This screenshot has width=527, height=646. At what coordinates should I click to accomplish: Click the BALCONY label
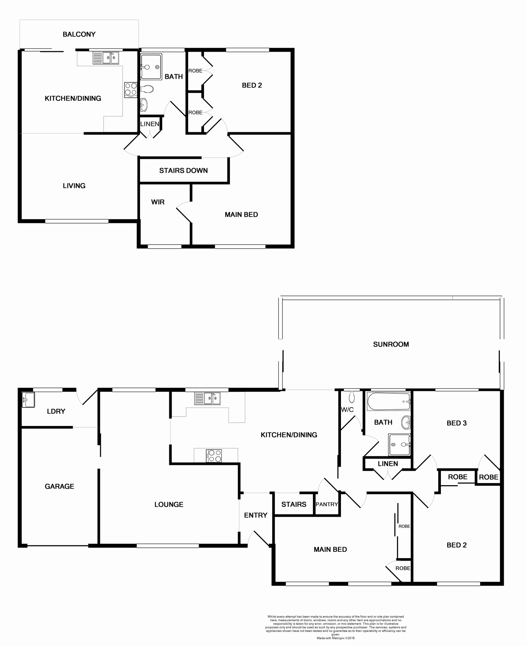click(79, 34)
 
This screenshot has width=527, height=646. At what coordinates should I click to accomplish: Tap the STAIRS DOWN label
click(183, 171)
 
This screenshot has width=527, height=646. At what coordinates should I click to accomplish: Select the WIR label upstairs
click(157, 202)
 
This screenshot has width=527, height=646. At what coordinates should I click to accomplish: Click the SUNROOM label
click(391, 344)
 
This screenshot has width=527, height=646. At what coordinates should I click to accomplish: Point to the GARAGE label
click(59, 486)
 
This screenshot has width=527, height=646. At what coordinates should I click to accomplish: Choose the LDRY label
click(56, 411)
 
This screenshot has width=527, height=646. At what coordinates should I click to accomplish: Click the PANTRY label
click(326, 504)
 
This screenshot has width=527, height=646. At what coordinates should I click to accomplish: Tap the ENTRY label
click(255, 515)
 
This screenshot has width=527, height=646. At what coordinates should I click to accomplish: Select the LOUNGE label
click(169, 504)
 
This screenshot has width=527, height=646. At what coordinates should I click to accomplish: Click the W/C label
click(347, 410)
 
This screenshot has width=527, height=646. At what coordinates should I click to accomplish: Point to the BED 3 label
click(456, 423)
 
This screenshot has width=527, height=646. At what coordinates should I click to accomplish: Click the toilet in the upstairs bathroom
click(147, 89)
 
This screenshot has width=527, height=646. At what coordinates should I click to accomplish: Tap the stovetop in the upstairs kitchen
click(131, 89)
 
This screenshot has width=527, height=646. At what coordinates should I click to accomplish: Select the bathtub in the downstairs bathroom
click(388, 401)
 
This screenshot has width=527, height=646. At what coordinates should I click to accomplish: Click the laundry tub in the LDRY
click(28, 400)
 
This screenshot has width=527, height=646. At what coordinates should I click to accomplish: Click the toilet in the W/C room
click(352, 397)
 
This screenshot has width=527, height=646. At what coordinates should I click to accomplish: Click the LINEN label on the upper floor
click(149, 124)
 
